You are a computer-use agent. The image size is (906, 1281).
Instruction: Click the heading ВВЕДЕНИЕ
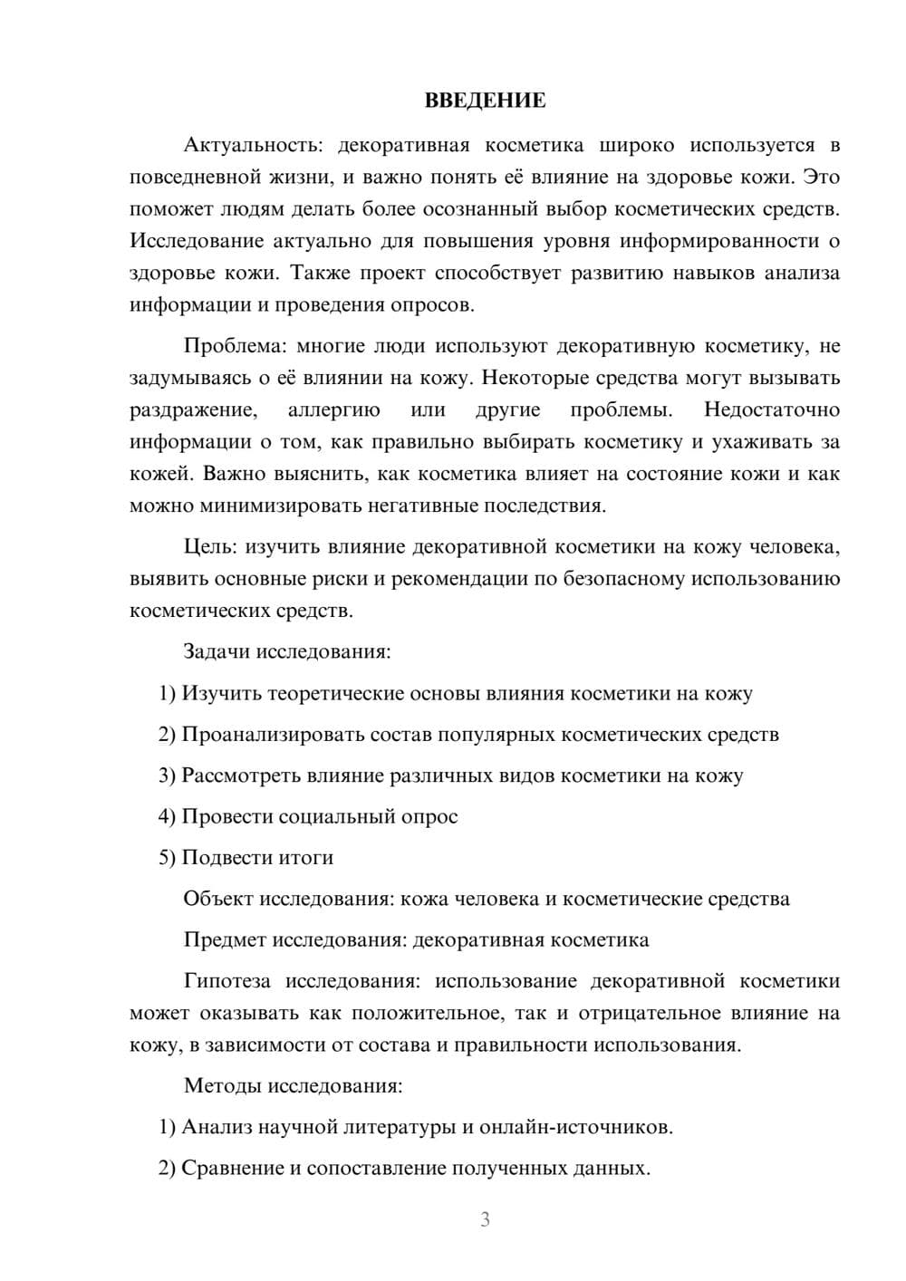485,101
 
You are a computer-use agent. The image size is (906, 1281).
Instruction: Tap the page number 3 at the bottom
485,1219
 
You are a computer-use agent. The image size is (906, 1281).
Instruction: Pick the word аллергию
333,410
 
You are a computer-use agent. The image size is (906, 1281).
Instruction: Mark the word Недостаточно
772,410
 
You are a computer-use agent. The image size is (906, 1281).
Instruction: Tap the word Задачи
217,652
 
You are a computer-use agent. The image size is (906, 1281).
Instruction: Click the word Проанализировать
273,735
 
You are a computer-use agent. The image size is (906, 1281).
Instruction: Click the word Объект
217,900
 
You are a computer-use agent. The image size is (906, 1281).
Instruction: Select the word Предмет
222,940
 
